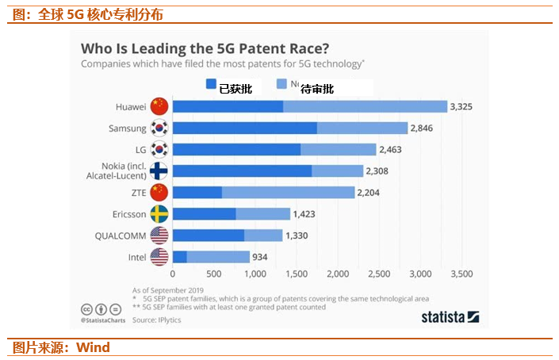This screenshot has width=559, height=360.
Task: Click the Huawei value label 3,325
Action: pos(462,106)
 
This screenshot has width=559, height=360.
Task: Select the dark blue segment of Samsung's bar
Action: pos(244,128)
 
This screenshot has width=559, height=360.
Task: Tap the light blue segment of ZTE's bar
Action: pos(288,192)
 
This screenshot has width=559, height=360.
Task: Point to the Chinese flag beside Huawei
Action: pos(159,106)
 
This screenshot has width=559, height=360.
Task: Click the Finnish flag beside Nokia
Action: pos(159,170)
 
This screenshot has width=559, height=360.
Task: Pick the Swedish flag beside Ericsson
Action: pos(159,213)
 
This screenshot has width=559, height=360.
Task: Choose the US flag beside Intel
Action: pos(159,256)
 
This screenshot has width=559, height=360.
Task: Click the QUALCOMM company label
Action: pos(120,235)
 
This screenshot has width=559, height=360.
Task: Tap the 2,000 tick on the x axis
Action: pos(338,274)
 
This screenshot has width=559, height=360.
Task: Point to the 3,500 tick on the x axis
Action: pos(461,274)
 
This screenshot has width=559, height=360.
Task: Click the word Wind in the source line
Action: pos(93,347)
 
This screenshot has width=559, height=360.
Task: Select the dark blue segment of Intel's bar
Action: pos(179,256)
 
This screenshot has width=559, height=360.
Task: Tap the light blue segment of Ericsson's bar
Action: pos(263,213)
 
